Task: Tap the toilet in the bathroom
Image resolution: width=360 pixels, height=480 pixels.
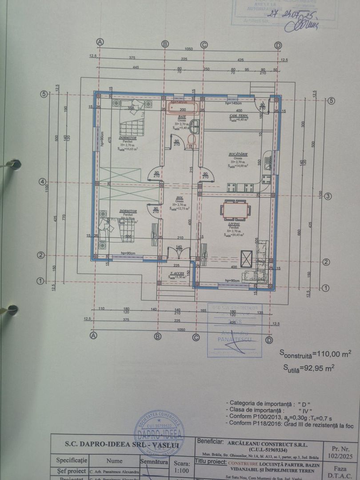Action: pyautogui.click(x=192, y=140)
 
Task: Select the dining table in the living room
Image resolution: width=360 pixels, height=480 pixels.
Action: pyautogui.click(x=235, y=210)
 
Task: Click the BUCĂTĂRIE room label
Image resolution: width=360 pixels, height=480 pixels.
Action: pyautogui.click(x=238, y=154)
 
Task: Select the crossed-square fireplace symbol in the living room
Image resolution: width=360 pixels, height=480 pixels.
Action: pyautogui.click(x=246, y=259)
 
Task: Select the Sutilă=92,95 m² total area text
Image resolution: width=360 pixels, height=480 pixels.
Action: pyautogui.click(x=309, y=368)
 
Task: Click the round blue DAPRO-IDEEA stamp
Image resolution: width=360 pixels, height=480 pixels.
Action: pyautogui.click(x=159, y=433)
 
